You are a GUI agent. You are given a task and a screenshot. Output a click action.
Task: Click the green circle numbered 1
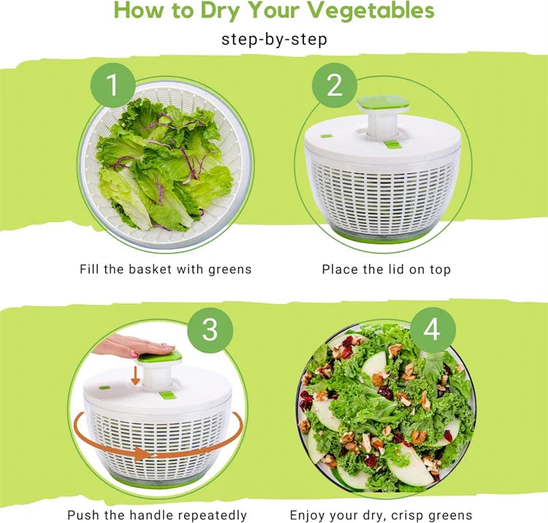pyautogui.click(x=113, y=86)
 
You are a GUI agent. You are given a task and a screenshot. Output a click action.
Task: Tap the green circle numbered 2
pyautogui.click(x=334, y=86)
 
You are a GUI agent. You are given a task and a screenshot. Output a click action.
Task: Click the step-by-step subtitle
pyautogui.click(x=274, y=39)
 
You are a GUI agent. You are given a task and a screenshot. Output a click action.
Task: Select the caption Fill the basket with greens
pyautogui.click(x=165, y=270)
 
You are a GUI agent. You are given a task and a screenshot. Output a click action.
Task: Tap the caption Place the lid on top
pyautogui.click(x=387, y=270)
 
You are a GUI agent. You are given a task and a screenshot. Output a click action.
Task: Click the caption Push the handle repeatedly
pyautogui.click(x=157, y=515)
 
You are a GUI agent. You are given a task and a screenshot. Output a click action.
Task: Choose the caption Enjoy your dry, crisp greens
pyautogui.click(x=381, y=515)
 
